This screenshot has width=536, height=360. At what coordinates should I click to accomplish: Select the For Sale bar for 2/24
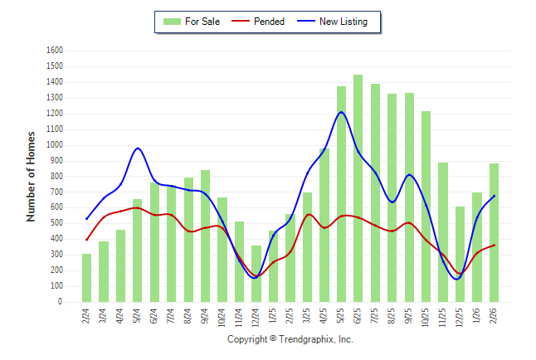(x=86, y=278)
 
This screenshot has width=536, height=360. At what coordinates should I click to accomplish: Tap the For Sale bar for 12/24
(x=256, y=274)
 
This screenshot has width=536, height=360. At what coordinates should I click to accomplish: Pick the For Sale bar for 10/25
(x=426, y=207)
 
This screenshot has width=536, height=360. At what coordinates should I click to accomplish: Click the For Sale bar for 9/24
(x=205, y=236)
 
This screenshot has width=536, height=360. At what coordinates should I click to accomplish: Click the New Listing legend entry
(x=342, y=22)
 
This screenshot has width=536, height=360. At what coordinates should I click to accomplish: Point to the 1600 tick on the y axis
(x=55, y=50)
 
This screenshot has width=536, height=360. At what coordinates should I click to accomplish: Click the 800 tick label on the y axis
(x=57, y=176)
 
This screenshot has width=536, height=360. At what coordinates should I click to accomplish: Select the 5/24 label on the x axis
(x=138, y=318)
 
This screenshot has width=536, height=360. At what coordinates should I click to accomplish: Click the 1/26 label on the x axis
(x=477, y=318)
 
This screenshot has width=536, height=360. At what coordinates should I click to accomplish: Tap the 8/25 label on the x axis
(x=392, y=318)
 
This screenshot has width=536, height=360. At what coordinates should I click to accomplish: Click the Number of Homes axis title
(x=31, y=176)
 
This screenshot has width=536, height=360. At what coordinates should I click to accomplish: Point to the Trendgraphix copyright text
(x=290, y=339)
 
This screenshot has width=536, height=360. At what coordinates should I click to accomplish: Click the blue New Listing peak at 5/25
(x=341, y=112)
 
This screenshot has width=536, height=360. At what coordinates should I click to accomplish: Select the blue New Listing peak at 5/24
(x=138, y=148)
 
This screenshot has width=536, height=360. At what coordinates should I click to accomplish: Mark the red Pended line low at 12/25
(x=460, y=274)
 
